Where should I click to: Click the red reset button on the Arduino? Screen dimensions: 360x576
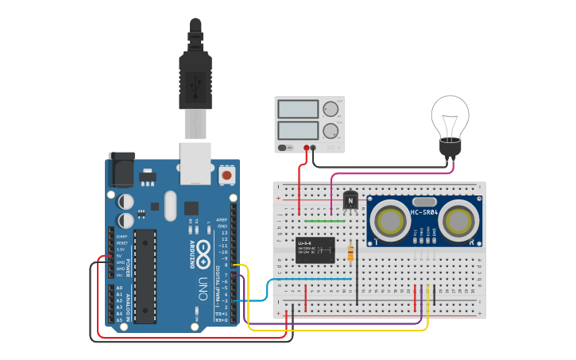[x=227, y=174]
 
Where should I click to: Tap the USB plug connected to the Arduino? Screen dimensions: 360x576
[x=195, y=79]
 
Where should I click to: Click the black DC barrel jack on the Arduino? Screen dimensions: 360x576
[x=121, y=168]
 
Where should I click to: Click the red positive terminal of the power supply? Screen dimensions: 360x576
[x=306, y=148]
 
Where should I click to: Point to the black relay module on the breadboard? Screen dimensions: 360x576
[x=315, y=250]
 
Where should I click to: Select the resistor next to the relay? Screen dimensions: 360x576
[x=352, y=254]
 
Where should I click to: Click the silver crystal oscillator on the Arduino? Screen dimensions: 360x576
[x=168, y=206]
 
